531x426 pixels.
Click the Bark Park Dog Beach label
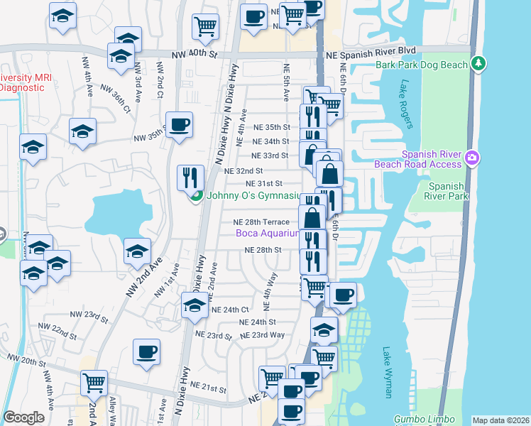point(422,65)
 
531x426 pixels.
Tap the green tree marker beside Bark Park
point(479,65)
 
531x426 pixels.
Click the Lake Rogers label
point(405,104)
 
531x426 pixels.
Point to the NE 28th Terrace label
point(261,222)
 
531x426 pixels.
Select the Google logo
point(23,417)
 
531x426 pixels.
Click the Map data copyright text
point(500,420)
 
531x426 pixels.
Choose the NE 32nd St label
point(243,171)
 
